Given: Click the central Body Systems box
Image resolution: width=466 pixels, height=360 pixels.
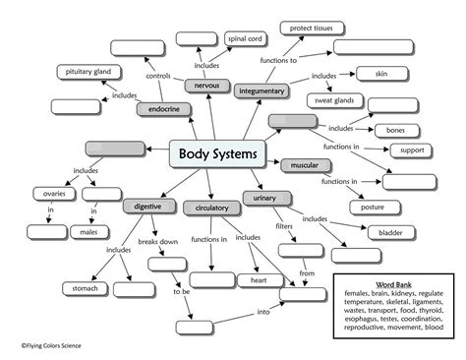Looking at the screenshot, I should (218, 153).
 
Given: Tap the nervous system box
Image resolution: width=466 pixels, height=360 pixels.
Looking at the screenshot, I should (206, 87).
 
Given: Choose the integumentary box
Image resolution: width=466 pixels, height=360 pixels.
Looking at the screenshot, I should (262, 90).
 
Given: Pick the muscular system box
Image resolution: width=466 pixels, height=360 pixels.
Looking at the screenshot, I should (299, 165).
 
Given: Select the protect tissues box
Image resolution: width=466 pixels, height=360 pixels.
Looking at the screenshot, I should (310, 27).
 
